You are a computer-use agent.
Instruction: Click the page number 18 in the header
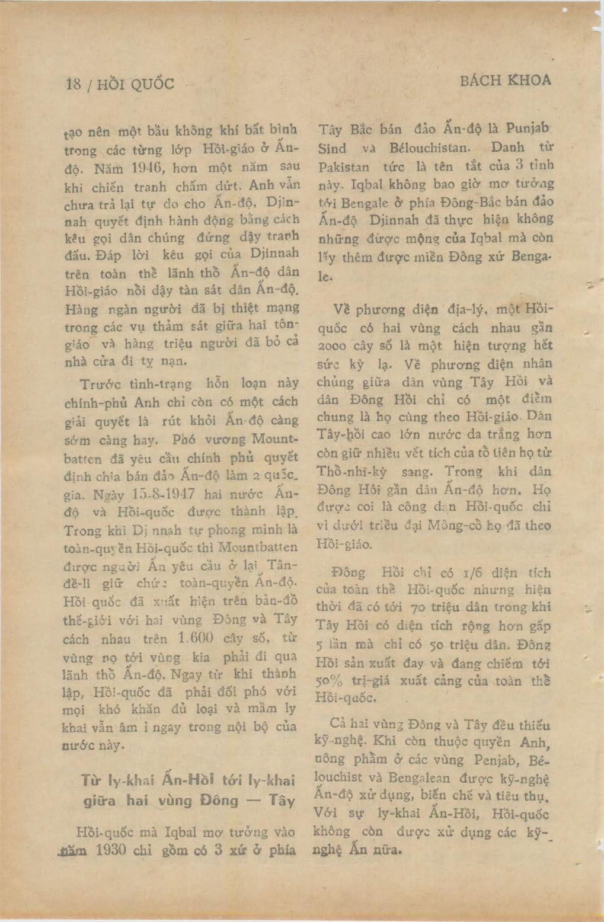pos(73,84)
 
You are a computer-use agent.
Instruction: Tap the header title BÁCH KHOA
pos(505,80)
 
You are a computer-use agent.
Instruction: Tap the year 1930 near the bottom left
pos(111,850)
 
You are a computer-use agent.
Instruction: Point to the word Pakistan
pos(344,167)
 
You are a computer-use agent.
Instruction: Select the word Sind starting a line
pos(332,148)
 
